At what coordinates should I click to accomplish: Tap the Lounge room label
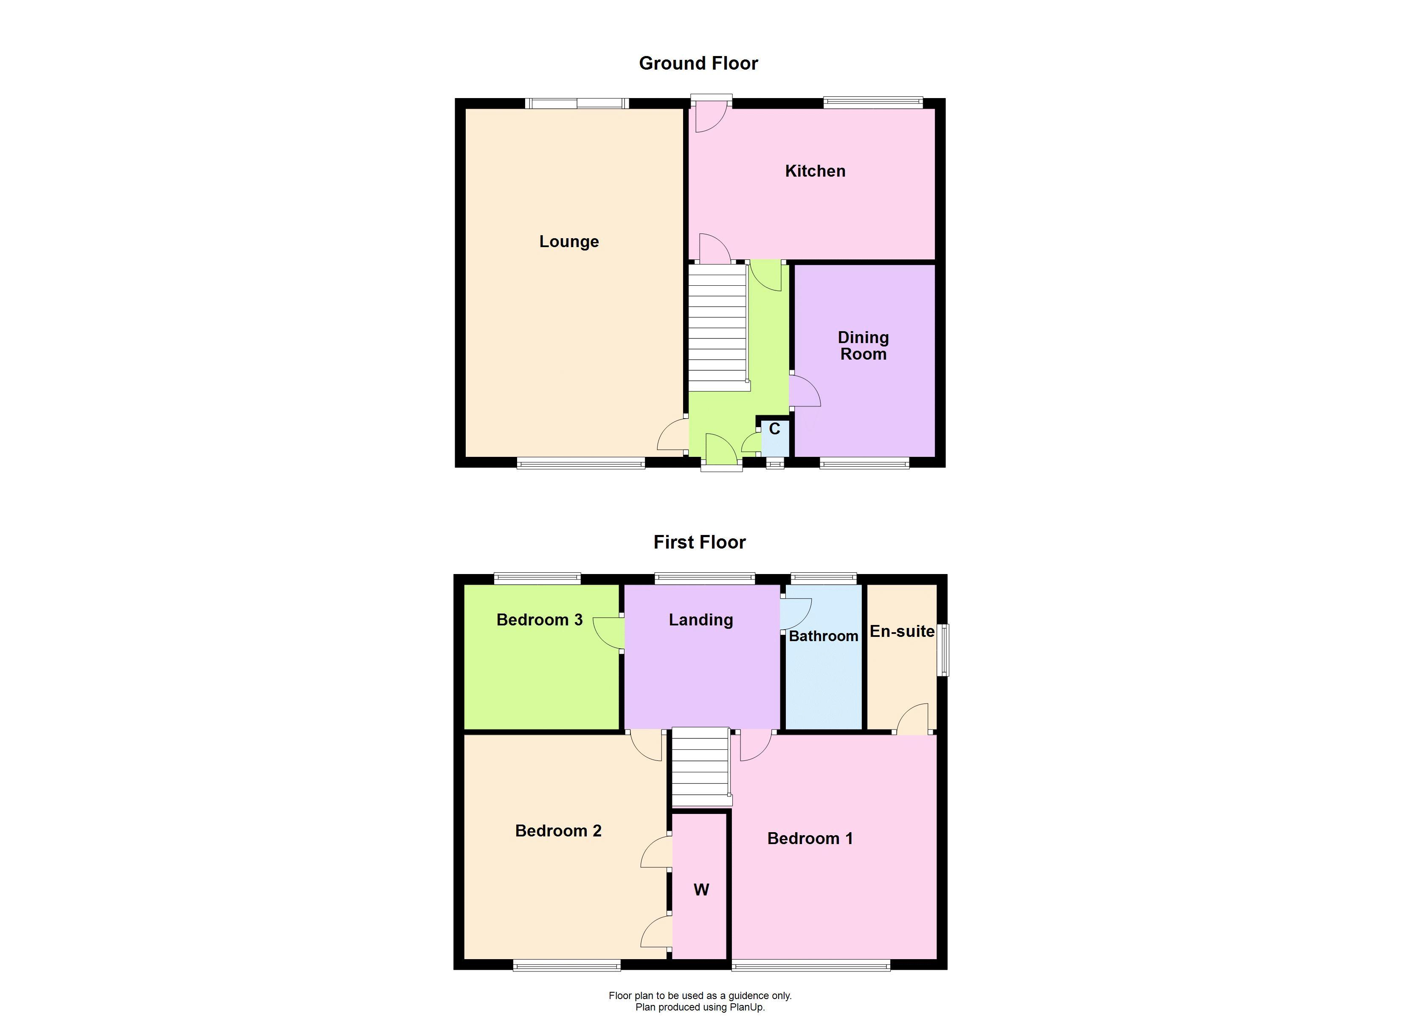(569, 242)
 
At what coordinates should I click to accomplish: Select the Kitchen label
(815, 171)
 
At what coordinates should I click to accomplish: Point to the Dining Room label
(863, 346)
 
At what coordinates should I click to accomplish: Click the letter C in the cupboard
(774, 429)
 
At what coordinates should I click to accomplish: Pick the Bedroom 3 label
(539, 620)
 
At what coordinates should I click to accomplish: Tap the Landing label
(700, 620)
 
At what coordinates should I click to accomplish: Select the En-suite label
(902, 631)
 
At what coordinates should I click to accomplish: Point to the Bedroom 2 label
(558, 830)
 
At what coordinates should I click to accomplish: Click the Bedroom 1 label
(810, 838)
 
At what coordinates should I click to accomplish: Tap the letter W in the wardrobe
(700, 890)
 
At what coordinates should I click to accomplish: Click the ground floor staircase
(718, 327)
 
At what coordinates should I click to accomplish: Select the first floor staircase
(700, 766)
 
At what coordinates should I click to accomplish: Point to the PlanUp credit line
(700, 1007)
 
